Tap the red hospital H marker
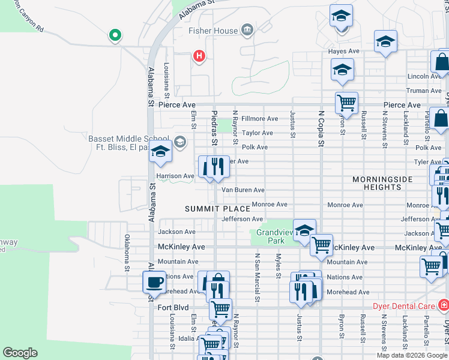[x=199, y=56]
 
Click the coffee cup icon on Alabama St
[x=154, y=282]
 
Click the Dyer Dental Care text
[x=403, y=305]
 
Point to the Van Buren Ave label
[x=243, y=190]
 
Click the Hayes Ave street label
[x=343, y=52]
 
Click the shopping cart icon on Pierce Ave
[x=346, y=103]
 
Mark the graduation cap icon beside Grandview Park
[x=304, y=230]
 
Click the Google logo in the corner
[x=20, y=353]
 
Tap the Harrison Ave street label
[x=175, y=176]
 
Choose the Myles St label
[x=277, y=266]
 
